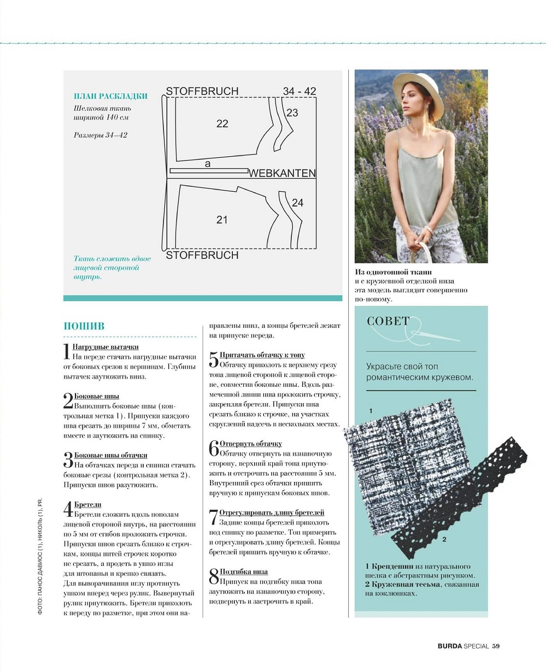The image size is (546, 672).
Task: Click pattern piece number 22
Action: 222,124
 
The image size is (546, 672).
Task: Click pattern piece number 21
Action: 221,220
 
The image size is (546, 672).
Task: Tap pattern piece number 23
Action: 292,113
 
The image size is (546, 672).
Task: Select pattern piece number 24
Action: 297,203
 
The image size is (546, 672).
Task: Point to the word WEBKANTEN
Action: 282,173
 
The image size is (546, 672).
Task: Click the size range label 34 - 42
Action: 300,91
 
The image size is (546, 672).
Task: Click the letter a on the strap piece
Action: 207,163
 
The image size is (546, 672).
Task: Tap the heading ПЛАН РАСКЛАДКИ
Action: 111,96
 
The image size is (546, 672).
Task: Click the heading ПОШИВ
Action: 84,326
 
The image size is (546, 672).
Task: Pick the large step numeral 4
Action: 68,510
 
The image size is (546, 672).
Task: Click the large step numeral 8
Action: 214,576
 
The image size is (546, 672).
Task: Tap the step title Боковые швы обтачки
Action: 110,455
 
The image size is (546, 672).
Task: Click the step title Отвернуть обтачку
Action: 250,444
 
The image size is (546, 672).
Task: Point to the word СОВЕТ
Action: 388,321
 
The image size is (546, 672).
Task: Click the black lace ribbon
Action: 465,492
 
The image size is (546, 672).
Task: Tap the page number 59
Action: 496,646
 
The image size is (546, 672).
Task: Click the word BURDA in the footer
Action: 449,646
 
